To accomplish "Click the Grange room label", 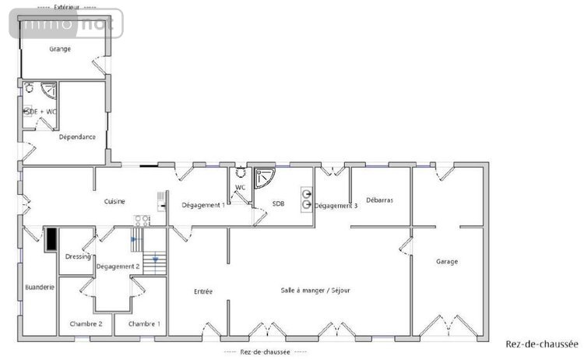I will point(60,49).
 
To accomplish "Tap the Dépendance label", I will point(77,137).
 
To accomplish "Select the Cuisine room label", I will point(114,202).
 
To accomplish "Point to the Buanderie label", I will point(39,287).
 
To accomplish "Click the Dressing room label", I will point(78,256).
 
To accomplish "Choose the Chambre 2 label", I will point(86,323).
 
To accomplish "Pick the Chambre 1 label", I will point(144,323).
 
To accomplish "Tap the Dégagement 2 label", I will point(118,267).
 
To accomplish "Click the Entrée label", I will point(203,291).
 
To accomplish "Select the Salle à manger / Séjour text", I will point(315,290).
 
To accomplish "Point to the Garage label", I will point(447,262).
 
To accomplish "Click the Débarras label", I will point(379,200).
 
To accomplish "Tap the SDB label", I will point(278,204).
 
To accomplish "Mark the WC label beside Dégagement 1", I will point(241,187).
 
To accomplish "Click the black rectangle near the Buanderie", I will point(51,238).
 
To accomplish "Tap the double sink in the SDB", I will point(307,199).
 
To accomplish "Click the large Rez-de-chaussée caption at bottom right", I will point(541,344).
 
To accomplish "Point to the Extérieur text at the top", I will point(67,6).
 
